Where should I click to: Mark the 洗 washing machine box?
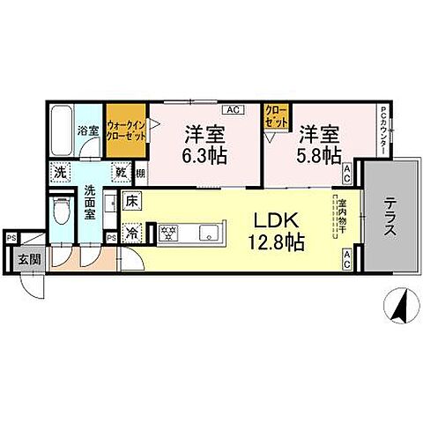coord(59,174)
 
